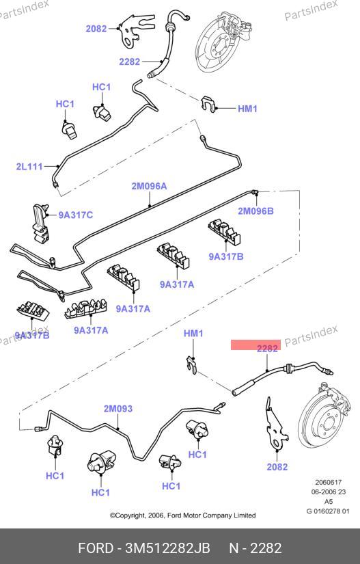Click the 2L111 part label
click(x=29, y=167)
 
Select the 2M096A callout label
click(x=149, y=186)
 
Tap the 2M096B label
click(x=255, y=211)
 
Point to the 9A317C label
click(x=75, y=215)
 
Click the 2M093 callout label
click(x=118, y=409)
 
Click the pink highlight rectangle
click(x=255, y=345)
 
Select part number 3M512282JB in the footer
click(x=167, y=548)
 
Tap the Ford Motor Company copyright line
click(x=183, y=515)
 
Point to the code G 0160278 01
click(x=328, y=511)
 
